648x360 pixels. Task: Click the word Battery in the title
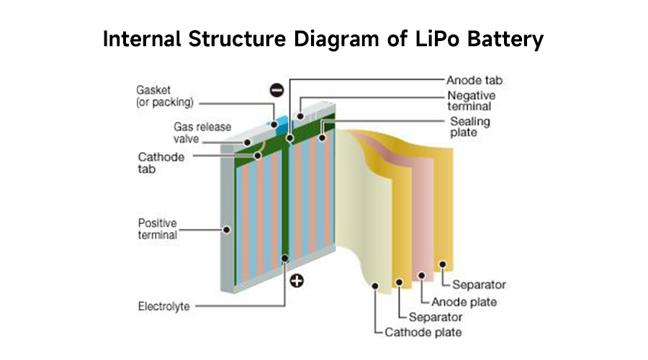[507, 40]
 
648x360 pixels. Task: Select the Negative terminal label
[471, 102]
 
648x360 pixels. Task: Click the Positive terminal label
[158, 229]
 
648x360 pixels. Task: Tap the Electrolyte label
[163, 307]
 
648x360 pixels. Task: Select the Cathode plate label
[423, 333]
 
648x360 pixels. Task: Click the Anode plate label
[464, 302]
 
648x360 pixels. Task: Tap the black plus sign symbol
[295, 281]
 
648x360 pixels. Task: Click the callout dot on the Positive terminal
[227, 230]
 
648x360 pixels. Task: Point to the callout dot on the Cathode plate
[375, 287]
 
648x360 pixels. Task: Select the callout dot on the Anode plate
[421, 275]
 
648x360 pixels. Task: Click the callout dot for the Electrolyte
[285, 257]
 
